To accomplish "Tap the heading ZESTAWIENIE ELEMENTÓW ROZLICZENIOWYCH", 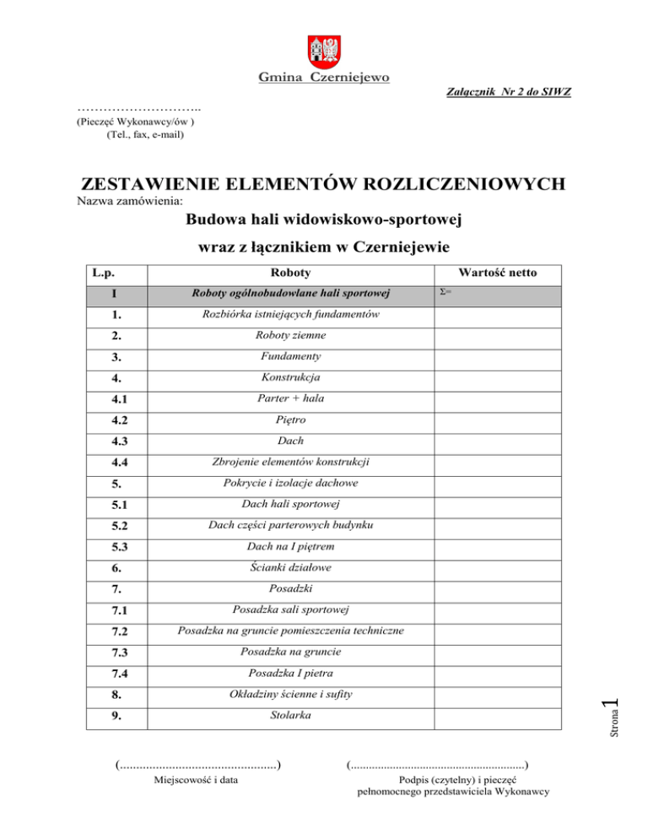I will (x=322, y=184).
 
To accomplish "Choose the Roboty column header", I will (x=289, y=273).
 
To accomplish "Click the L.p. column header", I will (x=103, y=273).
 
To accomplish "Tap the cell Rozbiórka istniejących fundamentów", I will (x=289, y=315).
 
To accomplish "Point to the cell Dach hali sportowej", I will (x=289, y=505).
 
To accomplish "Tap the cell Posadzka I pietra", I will (x=289, y=674).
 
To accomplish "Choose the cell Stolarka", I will (x=289, y=717).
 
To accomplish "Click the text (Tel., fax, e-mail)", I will (x=145, y=133).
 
